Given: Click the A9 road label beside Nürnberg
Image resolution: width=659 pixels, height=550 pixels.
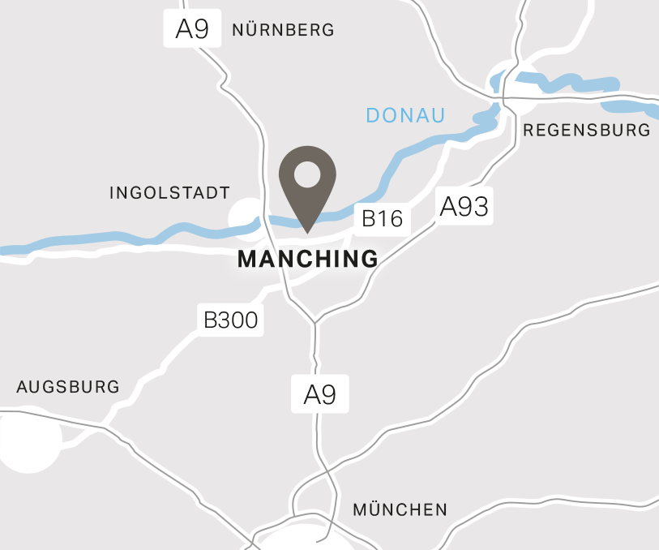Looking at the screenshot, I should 193,29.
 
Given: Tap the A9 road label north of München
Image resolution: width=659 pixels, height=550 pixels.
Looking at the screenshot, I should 319,395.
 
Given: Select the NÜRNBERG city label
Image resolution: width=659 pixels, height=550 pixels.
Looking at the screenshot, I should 283,30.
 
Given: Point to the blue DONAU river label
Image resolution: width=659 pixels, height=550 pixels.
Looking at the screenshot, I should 405,115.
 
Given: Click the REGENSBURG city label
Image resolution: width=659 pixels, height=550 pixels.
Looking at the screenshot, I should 587,130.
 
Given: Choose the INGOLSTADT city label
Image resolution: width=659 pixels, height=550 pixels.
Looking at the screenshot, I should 169,193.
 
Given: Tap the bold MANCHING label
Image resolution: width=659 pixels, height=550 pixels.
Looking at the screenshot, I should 308,259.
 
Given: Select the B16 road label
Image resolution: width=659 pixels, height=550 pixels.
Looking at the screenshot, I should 382,218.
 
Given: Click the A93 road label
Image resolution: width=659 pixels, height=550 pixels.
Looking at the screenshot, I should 464,207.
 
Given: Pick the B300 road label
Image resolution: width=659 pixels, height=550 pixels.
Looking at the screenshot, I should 230,320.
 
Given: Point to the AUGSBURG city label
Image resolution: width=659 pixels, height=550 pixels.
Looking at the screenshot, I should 68,387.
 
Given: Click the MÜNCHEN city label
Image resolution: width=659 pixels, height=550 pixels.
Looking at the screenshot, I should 400,510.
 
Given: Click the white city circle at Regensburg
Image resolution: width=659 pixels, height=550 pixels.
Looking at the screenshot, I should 508,83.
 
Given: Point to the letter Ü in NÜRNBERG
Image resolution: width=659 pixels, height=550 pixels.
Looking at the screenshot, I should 254,30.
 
